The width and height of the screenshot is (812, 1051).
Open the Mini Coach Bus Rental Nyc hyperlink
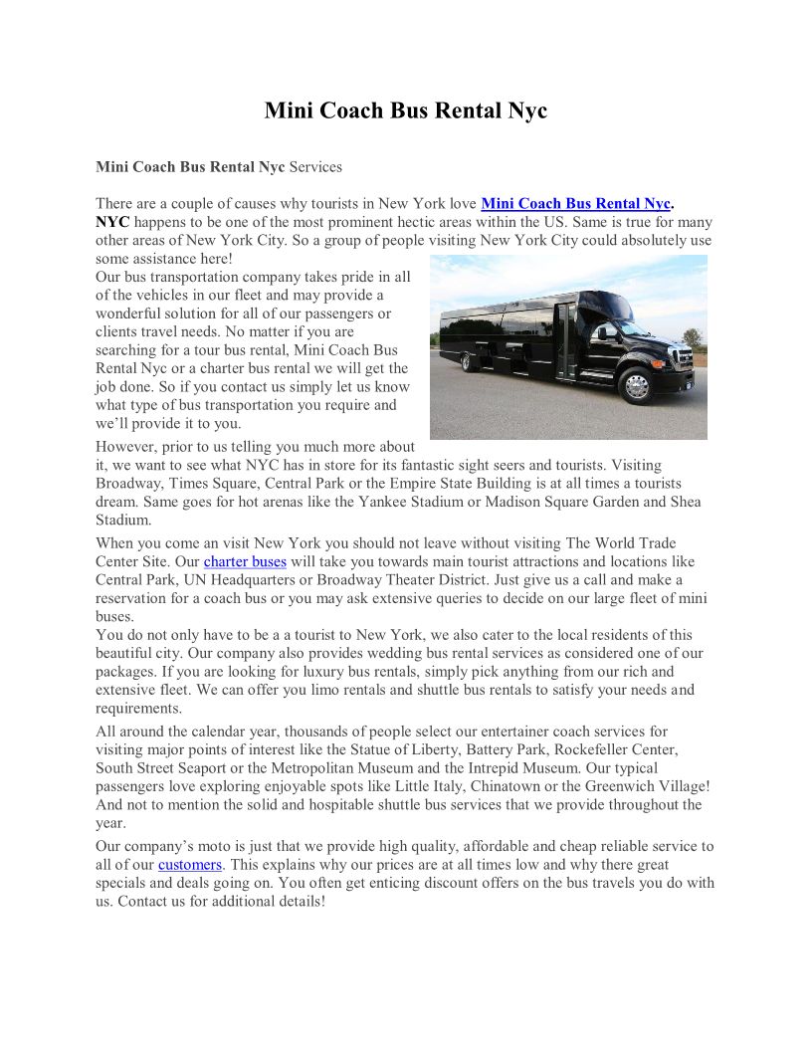point(576,204)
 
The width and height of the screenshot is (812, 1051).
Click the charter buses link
point(245,562)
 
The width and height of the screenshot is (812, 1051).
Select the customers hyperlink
point(190,865)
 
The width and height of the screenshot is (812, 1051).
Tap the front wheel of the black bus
point(637,386)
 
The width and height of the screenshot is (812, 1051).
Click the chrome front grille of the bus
point(683,357)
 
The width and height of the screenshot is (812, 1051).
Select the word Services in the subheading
point(315,167)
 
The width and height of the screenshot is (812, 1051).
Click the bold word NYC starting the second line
point(112,222)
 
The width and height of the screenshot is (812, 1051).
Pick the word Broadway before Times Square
point(129,484)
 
